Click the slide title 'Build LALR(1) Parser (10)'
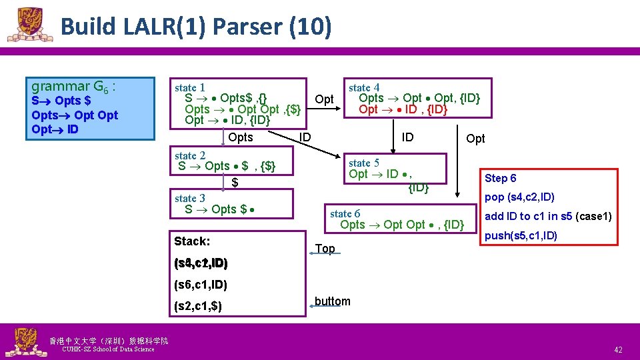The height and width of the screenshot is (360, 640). tap(195, 27)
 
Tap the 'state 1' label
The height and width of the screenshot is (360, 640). tap(189, 87)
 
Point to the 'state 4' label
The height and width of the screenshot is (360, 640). tap(364, 87)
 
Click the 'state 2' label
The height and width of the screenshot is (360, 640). tap(189, 155)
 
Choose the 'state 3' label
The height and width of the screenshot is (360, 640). tap(189, 198)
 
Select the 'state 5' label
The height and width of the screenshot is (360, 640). tap(364, 163)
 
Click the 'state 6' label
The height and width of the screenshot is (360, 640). tap(345, 213)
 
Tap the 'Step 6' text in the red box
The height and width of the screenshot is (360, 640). tap(500, 178)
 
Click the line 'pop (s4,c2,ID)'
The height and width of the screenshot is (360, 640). tap(519, 197)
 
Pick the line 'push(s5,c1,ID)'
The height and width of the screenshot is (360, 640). tap(521, 235)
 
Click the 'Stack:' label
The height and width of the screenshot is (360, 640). tap(192, 241)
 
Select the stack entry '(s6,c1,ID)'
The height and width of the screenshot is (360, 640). tap(200, 285)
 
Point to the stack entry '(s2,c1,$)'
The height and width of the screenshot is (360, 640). tap(197, 307)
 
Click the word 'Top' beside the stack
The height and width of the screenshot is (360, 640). tap(325, 249)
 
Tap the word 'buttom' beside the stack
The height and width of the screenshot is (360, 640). tap(332, 301)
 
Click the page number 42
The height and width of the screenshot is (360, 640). tap(618, 349)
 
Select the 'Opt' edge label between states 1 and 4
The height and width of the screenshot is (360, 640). tap(324, 99)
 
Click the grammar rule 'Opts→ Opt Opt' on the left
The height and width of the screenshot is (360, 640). tap(75, 115)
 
